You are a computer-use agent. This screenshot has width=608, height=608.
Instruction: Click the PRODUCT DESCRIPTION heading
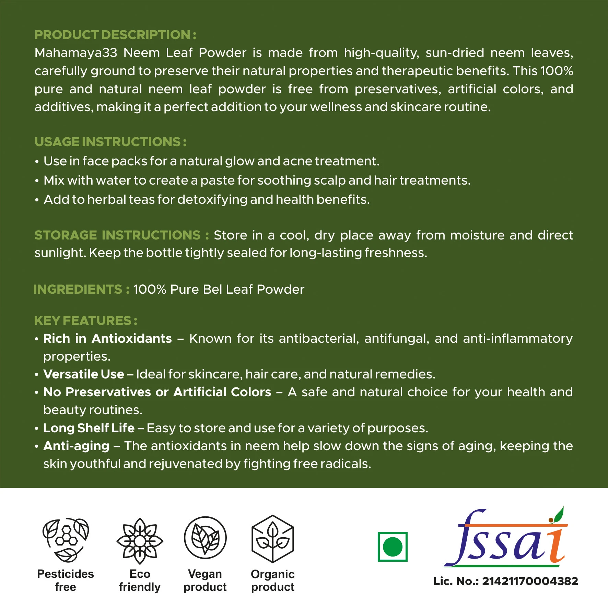[115, 35]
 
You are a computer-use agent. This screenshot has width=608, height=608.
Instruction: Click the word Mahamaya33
[76, 53]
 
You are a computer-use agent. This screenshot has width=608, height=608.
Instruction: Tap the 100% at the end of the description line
[557, 71]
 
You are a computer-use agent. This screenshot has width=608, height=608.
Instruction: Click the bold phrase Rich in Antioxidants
[107, 339]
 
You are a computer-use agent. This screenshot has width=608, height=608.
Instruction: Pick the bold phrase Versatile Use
[84, 374]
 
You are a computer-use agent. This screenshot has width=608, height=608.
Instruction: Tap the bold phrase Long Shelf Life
[89, 428]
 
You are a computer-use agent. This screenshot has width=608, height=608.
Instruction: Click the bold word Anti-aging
[76, 446]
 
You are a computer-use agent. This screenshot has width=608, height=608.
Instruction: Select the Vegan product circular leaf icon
[205, 538]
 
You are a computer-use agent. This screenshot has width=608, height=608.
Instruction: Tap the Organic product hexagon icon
[273, 538]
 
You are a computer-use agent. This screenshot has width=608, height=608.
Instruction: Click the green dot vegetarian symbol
[392, 547]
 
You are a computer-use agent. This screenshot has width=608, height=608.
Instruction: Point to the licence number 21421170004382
[530, 581]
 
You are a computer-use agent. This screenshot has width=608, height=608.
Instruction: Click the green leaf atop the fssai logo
[559, 514]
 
